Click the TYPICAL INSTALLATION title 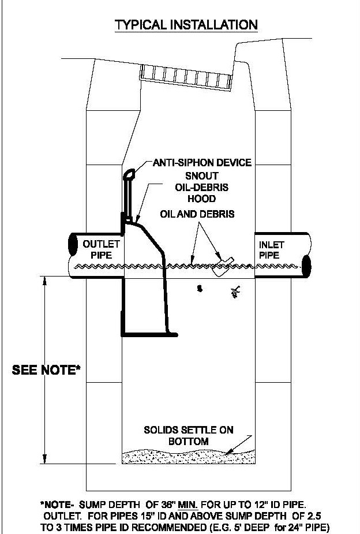coord(186,25)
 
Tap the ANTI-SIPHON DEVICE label coord(202,162)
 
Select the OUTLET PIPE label coord(101,249)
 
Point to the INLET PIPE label coord(271,250)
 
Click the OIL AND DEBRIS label coord(197,214)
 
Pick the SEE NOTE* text coord(46,370)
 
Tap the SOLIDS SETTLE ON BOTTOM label coord(189,436)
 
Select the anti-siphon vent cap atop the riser coord(129,175)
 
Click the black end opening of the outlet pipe coord(73,245)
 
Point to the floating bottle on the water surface coord(223,266)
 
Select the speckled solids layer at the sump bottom coord(189,456)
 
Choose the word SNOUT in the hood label coord(202,175)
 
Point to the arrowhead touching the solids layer coord(229,451)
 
